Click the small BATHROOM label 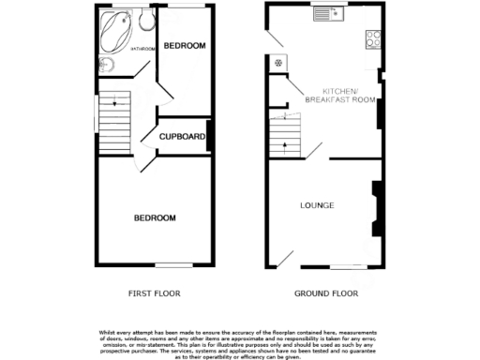click(142, 47)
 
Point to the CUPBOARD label click(182, 137)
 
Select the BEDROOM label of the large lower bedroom click(154, 217)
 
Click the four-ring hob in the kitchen click(371, 40)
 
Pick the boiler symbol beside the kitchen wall click(277, 64)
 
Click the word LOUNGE click(317, 204)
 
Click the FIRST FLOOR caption click(154, 293)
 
